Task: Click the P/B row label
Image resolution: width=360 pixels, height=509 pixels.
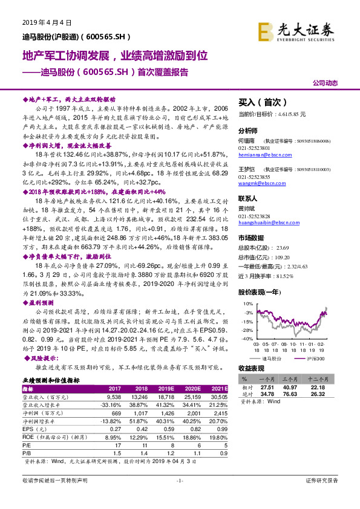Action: coord(28,453)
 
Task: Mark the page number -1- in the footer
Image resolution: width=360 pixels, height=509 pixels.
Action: coord(179,497)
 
